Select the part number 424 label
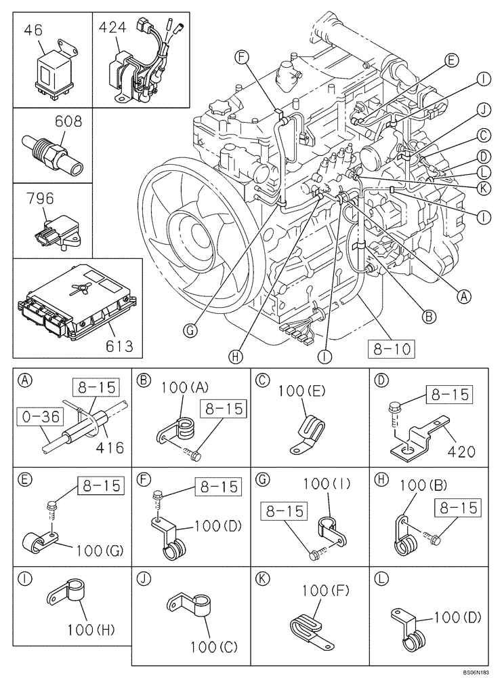[x=113, y=28]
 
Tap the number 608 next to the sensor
[x=68, y=122]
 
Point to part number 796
[x=41, y=199]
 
